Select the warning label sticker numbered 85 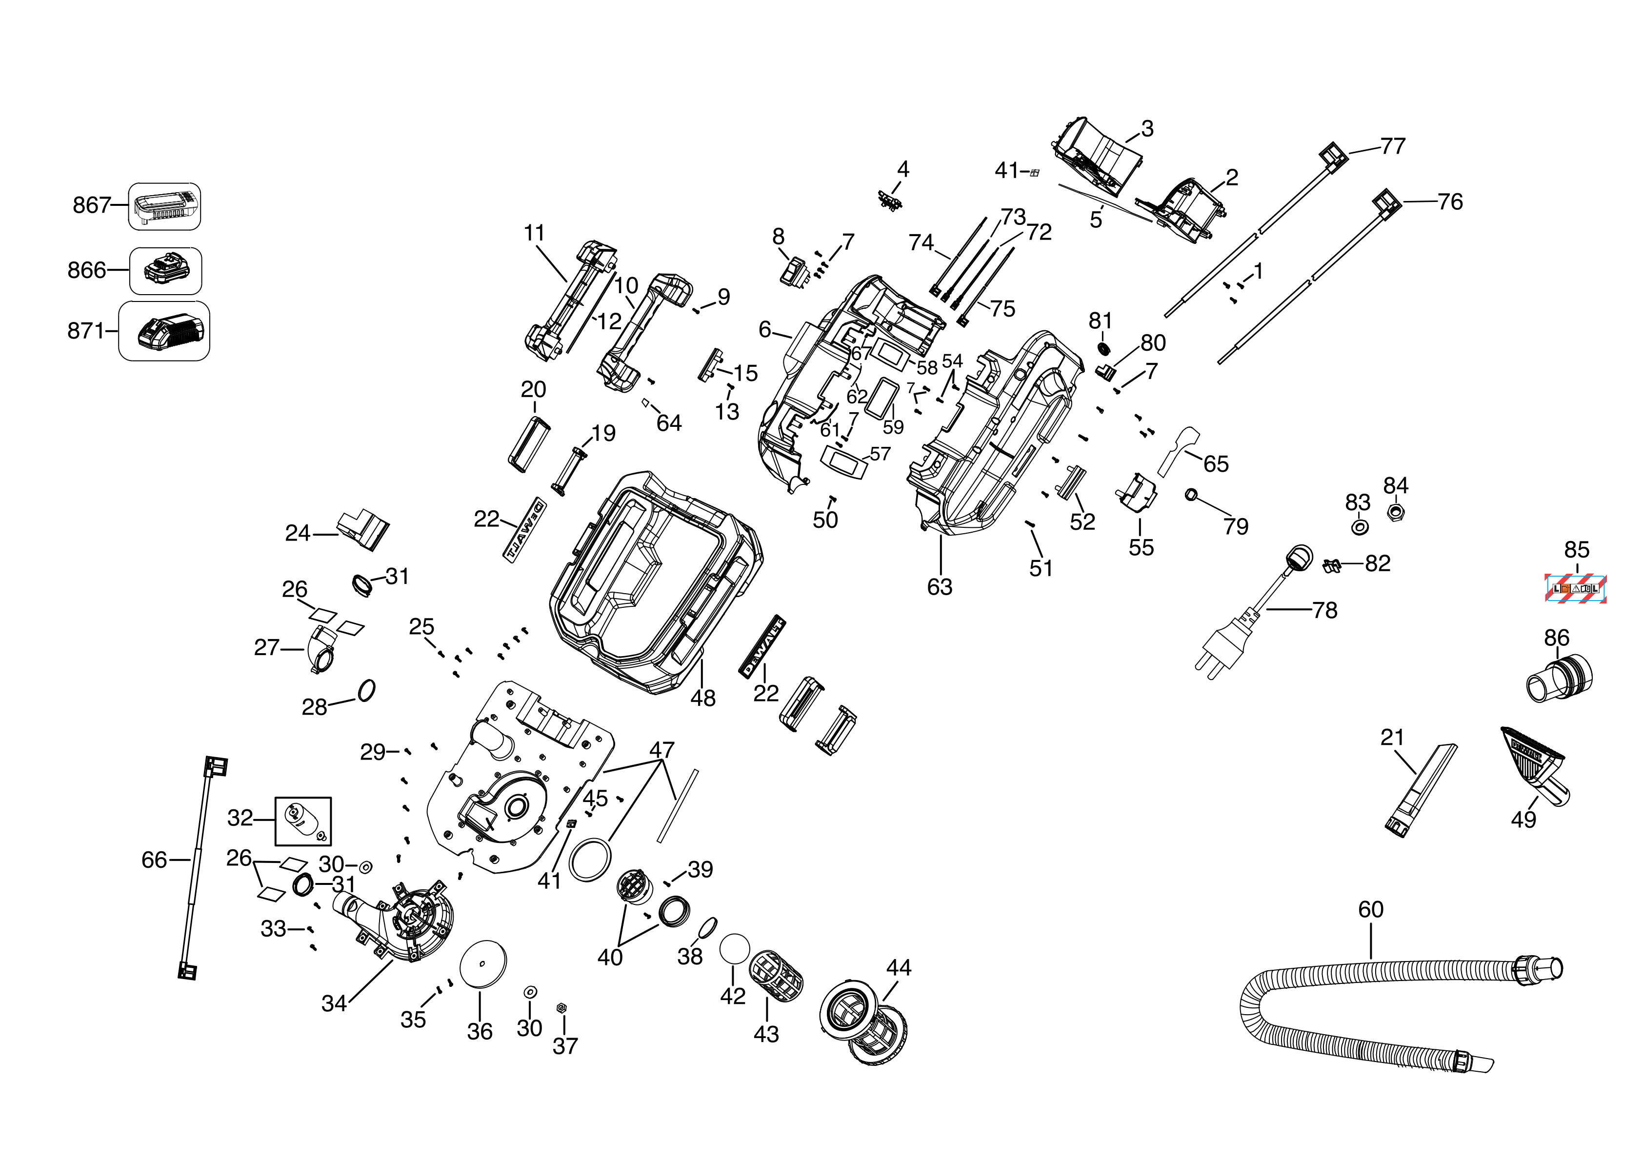tap(1576, 589)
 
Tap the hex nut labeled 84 tap(1394, 512)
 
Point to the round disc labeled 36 tap(483, 964)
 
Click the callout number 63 tap(940, 587)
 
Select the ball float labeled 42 tap(734, 949)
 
